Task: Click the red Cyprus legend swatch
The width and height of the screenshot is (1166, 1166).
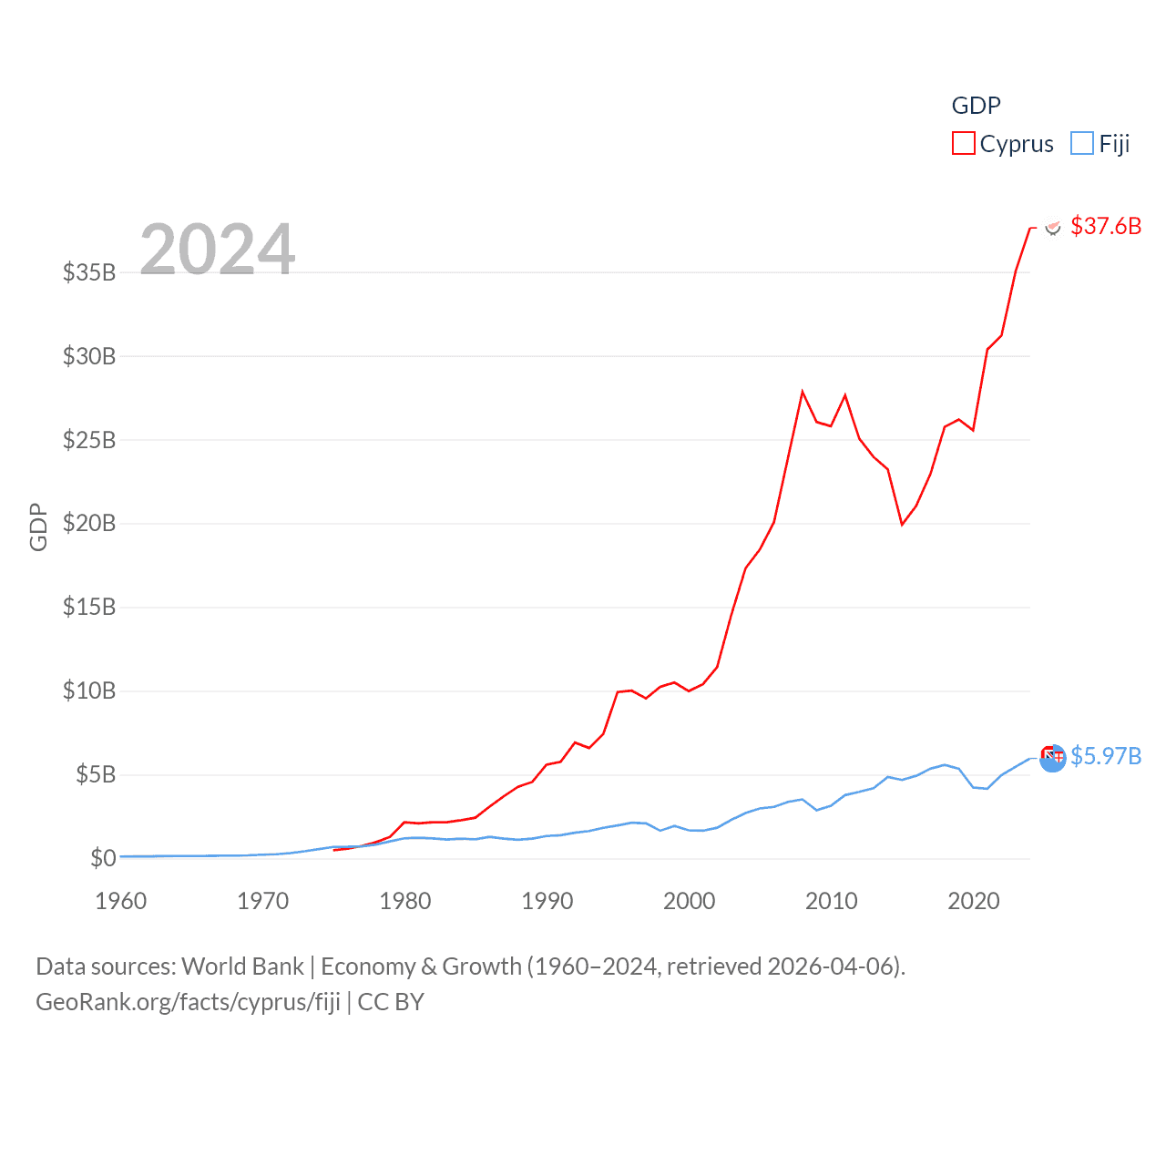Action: click(963, 144)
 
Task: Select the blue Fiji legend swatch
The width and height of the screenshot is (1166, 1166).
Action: click(1081, 144)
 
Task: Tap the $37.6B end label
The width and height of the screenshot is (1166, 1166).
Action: click(1105, 226)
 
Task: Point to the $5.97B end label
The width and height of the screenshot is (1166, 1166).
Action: click(1105, 756)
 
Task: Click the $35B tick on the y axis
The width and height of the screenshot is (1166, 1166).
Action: click(89, 272)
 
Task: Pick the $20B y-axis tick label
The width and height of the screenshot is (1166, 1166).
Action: click(89, 523)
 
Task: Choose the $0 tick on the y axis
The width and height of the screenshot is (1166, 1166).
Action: click(103, 858)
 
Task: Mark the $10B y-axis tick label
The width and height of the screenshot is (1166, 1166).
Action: click(89, 690)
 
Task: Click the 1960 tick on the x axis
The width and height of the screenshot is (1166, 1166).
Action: click(121, 901)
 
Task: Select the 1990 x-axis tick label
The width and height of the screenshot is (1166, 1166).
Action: click(547, 901)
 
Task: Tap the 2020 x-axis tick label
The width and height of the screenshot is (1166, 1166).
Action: click(974, 901)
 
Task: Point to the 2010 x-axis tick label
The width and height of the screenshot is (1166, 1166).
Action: click(832, 901)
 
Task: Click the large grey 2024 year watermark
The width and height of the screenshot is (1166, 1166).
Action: click(218, 249)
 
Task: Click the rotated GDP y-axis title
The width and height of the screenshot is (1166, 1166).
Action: click(38, 527)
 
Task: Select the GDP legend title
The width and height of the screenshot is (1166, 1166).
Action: click(976, 106)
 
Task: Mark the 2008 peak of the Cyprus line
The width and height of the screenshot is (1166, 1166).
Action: click(803, 392)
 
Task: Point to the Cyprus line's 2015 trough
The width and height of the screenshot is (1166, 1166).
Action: click(902, 525)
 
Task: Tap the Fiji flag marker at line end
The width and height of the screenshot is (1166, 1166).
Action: click(1052, 757)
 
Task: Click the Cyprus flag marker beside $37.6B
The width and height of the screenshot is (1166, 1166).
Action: click(1053, 227)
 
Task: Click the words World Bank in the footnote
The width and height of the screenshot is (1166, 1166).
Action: click(243, 966)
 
